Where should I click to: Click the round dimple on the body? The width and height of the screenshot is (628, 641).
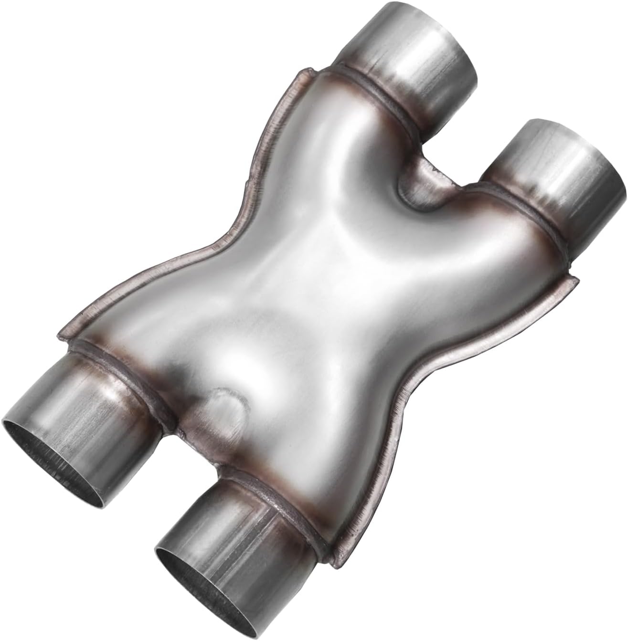click(224, 410)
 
